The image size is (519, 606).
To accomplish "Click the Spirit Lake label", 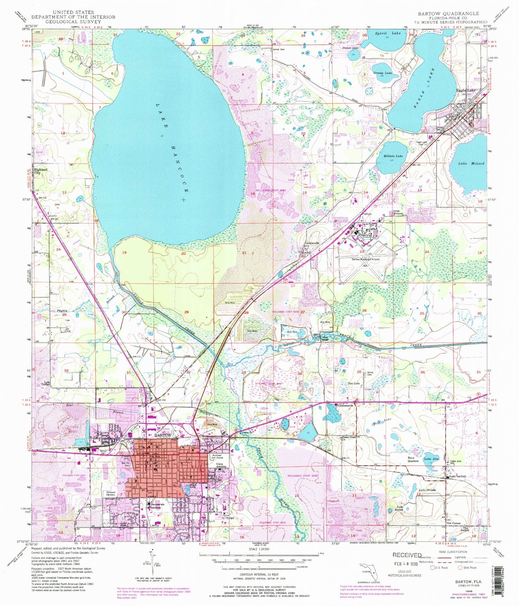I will pyautogui.click(x=388, y=33).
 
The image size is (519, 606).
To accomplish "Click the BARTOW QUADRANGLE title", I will pyautogui.click(x=448, y=13).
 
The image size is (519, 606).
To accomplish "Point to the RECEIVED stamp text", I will pyautogui.click(x=407, y=555).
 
